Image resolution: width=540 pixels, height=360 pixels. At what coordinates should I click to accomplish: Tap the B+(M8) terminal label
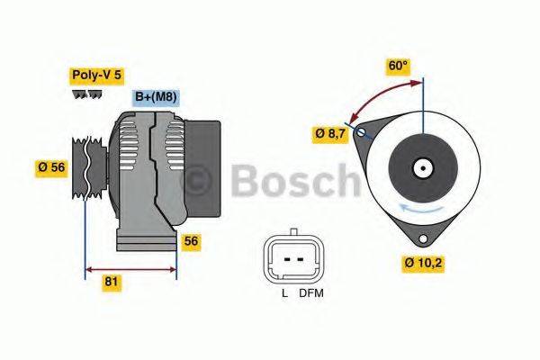pyautogui.click(x=156, y=97)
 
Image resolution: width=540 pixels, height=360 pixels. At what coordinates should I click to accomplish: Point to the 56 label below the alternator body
pyautogui.click(x=191, y=241)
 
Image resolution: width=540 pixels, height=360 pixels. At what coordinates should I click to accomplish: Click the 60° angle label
pyautogui.click(x=397, y=66)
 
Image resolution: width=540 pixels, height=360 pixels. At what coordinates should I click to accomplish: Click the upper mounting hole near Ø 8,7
pyautogui.click(x=363, y=132)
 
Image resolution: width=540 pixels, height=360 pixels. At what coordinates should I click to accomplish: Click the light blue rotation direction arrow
pyautogui.click(x=422, y=208)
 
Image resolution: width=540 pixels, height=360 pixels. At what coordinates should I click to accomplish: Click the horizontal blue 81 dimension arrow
pyautogui.click(x=130, y=267)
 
